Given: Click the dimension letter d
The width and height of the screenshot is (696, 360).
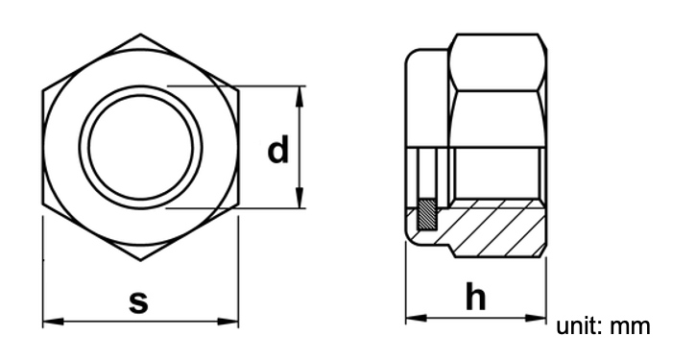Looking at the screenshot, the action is pyautogui.click(x=277, y=150).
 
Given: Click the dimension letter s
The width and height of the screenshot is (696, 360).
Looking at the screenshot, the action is pyautogui.click(x=138, y=301).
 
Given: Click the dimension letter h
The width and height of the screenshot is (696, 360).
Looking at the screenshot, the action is pyautogui.click(x=476, y=296).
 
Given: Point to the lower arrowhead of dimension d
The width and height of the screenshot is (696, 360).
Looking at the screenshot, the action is pyautogui.click(x=300, y=198).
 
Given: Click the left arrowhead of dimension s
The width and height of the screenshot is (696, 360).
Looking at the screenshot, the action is pyautogui.click(x=53, y=321).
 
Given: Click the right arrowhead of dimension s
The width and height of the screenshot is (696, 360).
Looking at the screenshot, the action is pyautogui.click(x=228, y=321).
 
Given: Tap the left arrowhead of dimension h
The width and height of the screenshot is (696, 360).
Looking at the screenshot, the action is pyautogui.click(x=417, y=318).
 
